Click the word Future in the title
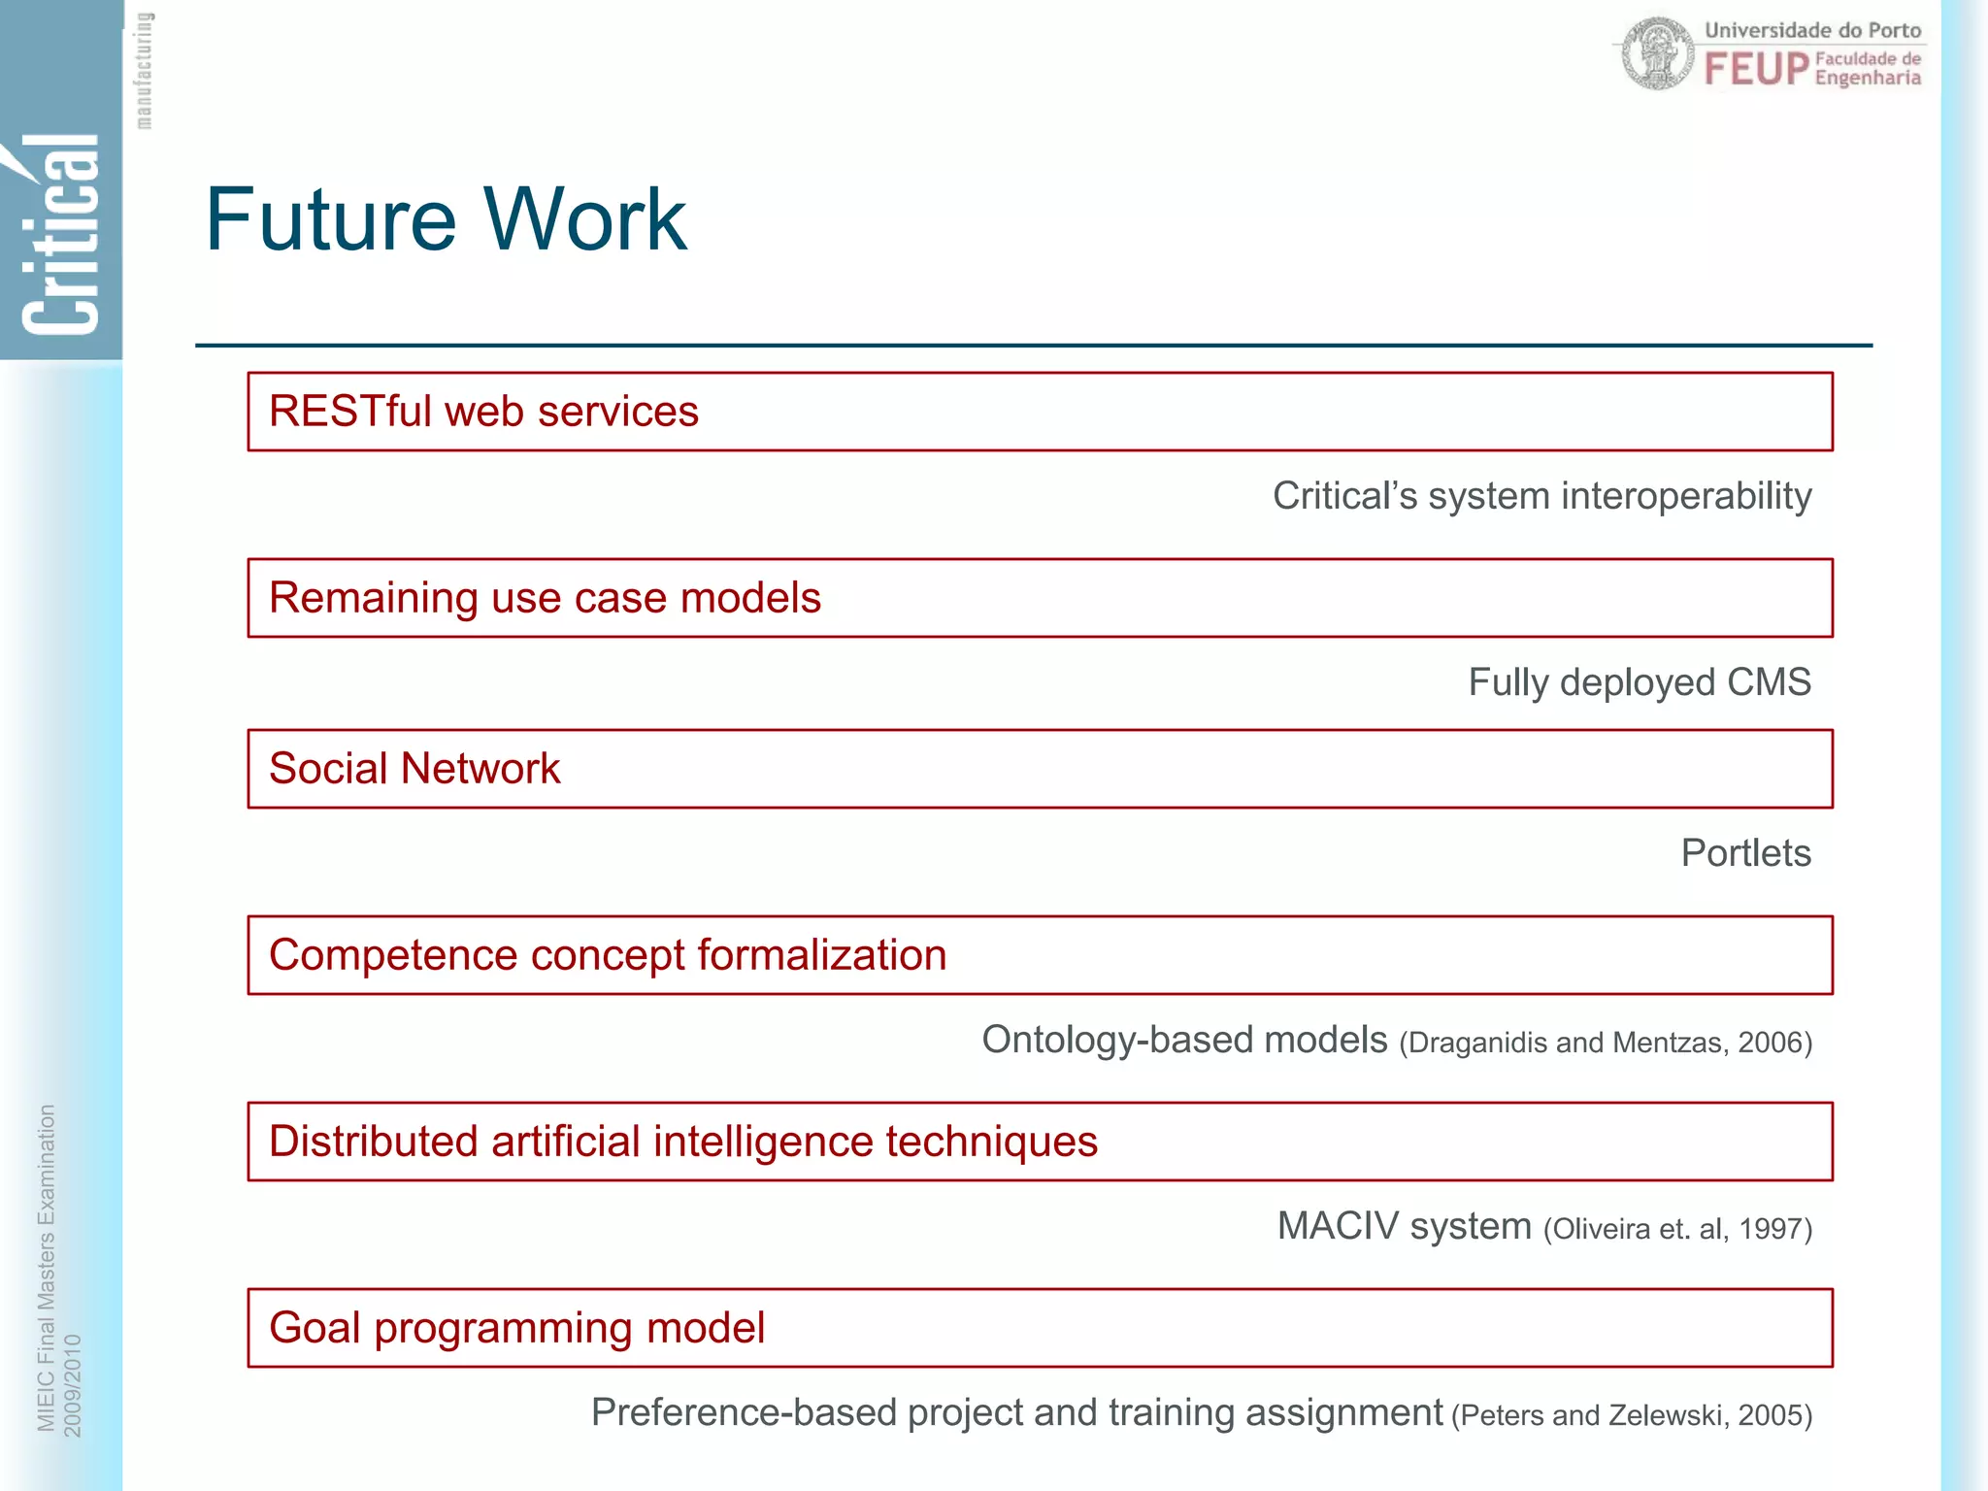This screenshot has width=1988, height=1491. coord(330,220)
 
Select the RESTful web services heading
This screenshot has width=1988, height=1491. coord(483,412)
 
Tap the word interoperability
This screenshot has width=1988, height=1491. coord(1685,497)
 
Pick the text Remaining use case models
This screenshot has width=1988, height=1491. coord(545,598)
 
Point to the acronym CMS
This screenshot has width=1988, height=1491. coord(1769,682)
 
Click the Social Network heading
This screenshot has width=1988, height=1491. coord(414,769)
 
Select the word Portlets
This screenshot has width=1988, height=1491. coord(1745,853)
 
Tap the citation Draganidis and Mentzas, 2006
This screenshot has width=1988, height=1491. coord(1605,1044)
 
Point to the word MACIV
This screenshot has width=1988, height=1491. coord(1338,1227)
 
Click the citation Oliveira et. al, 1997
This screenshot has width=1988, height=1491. coord(1677,1230)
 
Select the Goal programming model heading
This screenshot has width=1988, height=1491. coord(516,1328)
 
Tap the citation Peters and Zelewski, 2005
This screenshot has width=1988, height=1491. coord(1631,1416)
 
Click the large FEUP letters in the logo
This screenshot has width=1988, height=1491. coord(1756,70)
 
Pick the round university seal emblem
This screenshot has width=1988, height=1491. coord(1658,54)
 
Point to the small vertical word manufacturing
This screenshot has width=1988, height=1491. coord(144,70)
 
